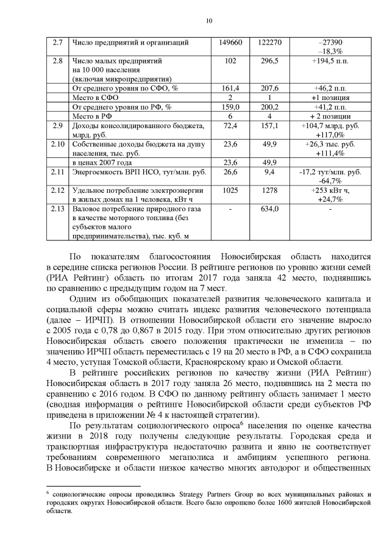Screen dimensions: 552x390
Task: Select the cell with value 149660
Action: click(230, 43)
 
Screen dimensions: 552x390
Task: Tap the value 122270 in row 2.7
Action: click(269, 43)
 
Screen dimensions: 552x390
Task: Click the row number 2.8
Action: click(58, 62)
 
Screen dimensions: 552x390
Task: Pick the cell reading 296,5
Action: click(269, 62)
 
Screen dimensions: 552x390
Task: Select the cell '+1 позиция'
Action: click(330, 98)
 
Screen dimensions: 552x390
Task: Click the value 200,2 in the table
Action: click(269, 107)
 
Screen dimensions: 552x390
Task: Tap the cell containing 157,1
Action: click(269, 126)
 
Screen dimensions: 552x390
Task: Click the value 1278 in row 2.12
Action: click(269, 191)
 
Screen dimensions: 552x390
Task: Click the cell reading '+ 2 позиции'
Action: click(330, 116)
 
